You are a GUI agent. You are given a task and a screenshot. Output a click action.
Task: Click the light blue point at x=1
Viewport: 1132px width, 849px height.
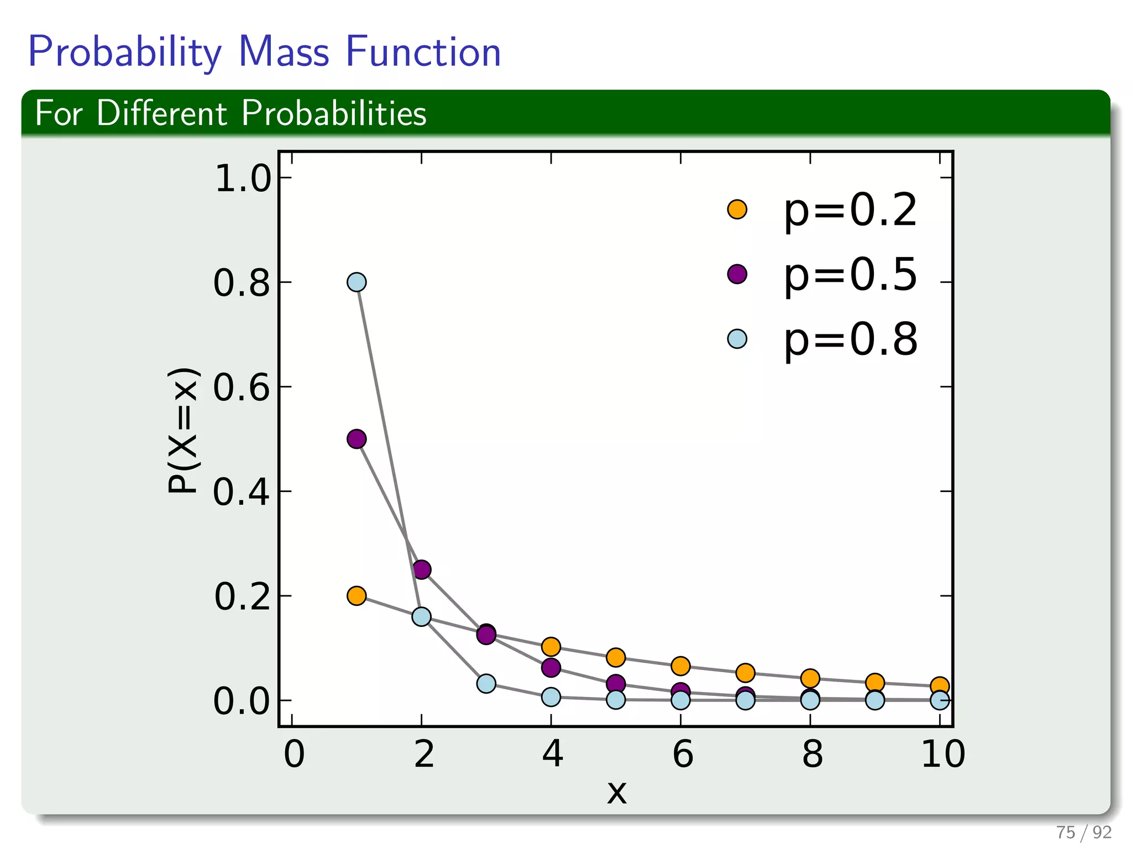357,282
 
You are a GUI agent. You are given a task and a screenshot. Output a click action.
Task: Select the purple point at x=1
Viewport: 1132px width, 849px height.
357,439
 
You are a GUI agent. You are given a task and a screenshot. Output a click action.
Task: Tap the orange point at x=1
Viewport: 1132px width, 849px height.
357,596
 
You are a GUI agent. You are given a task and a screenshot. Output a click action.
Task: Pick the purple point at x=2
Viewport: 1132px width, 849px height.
422,569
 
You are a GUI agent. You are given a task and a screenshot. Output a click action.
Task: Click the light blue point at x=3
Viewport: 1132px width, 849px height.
486,684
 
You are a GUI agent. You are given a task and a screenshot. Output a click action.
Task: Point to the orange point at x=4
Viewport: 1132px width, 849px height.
551,646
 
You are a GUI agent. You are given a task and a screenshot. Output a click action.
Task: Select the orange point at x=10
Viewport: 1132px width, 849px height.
940,686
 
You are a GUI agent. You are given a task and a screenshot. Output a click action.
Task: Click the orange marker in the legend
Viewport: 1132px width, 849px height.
737,209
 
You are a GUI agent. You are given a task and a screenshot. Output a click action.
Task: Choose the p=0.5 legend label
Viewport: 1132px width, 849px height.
850,275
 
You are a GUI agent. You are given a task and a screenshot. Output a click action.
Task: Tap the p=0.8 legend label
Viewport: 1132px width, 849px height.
850,339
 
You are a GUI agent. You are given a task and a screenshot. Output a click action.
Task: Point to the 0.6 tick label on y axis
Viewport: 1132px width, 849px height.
242,387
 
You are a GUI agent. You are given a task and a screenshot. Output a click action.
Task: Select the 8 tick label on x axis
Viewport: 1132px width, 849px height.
812,754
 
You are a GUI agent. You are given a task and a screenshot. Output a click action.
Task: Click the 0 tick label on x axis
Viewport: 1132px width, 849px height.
294,754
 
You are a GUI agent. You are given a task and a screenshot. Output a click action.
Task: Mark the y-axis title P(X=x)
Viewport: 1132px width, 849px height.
182,430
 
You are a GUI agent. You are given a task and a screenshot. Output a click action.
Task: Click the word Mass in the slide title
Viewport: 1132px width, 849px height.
283,52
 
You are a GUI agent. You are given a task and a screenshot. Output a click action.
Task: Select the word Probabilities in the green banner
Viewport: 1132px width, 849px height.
333,113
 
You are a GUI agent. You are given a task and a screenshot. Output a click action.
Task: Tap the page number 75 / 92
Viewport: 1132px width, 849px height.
1083,832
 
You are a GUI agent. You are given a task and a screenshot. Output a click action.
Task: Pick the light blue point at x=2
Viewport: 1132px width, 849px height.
421,617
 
